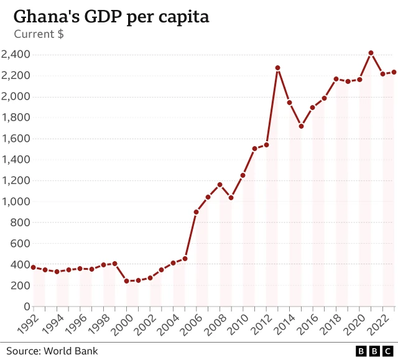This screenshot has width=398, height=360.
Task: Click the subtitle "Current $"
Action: [39, 34]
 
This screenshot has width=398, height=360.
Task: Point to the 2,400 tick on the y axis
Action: [16, 55]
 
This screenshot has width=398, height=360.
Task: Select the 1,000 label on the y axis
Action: [16, 201]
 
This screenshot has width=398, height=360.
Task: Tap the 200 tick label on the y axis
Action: [22, 285]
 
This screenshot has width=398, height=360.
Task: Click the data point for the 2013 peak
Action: [277, 68]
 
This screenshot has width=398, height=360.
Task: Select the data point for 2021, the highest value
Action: [371, 53]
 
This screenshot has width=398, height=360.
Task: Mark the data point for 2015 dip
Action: [301, 126]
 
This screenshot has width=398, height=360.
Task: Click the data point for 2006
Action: [196, 212]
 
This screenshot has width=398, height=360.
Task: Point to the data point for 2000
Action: [126, 281]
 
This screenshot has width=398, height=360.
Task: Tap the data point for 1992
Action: [33, 267]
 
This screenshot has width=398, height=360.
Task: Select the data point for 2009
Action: [231, 198]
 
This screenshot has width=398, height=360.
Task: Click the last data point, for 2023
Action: [394, 72]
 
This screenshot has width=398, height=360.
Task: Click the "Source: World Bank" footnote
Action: [52, 351]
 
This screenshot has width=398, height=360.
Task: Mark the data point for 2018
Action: [336, 79]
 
